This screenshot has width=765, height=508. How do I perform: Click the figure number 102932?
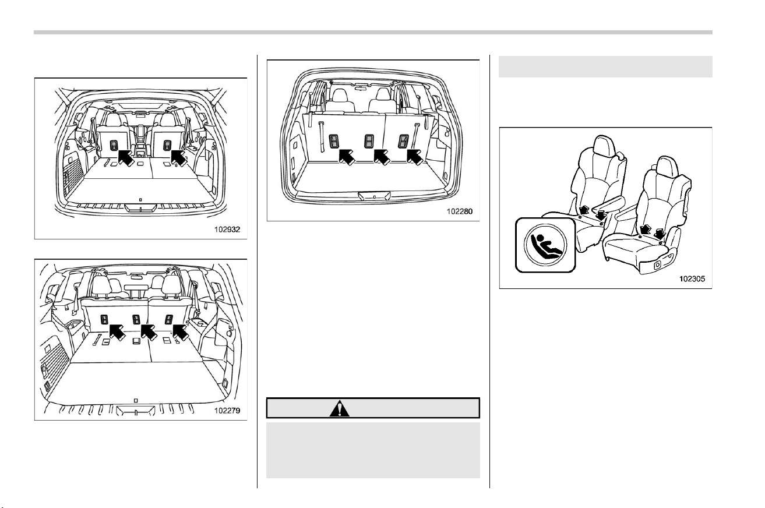point(227,230)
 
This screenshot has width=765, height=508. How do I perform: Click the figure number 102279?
point(227,410)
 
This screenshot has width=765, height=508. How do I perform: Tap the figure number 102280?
point(460,211)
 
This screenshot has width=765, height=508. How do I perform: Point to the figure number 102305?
point(692,278)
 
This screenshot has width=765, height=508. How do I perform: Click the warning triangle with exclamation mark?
point(340,408)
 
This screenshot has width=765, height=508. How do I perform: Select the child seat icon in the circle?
point(545,245)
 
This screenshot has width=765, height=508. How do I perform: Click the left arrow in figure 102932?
point(126,157)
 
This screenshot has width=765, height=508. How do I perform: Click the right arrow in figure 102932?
point(179,158)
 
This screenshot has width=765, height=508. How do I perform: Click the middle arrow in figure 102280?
point(382,157)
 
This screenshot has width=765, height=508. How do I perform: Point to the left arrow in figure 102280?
point(347,157)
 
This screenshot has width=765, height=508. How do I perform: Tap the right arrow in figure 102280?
point(415,157)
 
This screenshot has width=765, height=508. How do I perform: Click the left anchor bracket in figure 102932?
point(114,145)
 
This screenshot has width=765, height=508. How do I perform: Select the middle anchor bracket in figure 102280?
point(369,142)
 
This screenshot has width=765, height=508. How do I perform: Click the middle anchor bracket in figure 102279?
point(136,320)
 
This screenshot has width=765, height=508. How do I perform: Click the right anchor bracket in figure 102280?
point(403,142)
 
